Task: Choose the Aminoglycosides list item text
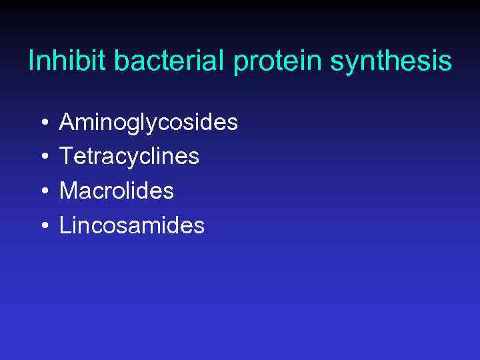[148, 123]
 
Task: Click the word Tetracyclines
[129, 157]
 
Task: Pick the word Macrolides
[116, 191]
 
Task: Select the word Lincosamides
[131, 226]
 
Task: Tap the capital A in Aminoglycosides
[67, 122]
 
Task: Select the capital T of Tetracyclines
[67, 157]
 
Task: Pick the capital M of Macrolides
[69, 191]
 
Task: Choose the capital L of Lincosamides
[65, 226]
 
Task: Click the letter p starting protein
[241, 65]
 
